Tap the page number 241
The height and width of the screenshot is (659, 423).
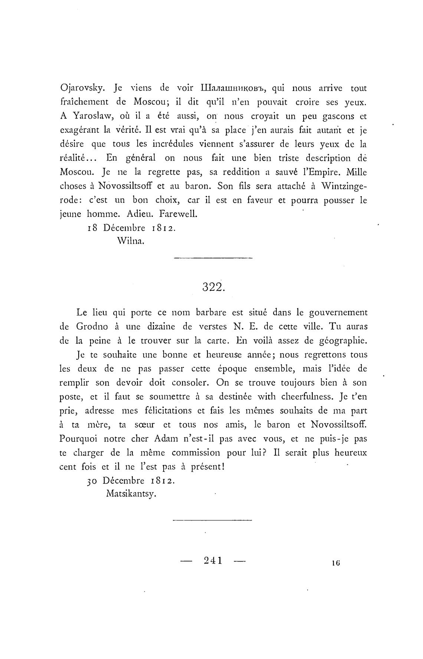[213, 560]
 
